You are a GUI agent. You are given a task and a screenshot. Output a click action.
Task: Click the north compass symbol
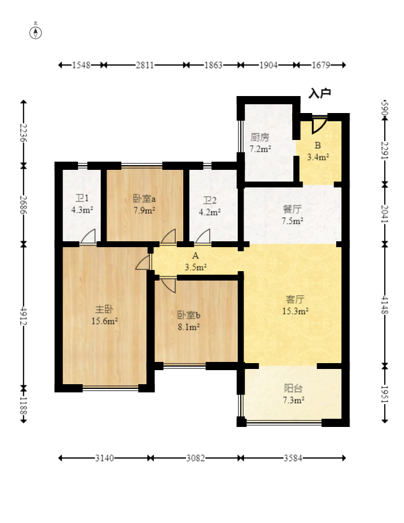(36, 33)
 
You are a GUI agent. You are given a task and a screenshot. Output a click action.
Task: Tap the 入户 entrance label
(320, 93)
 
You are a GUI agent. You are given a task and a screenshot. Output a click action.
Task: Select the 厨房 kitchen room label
(260, 137)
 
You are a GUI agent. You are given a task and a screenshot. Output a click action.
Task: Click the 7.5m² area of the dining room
(292, 220)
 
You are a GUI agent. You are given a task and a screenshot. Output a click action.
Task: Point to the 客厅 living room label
(295, 299)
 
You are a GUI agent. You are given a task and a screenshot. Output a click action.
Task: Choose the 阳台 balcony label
(293, 388)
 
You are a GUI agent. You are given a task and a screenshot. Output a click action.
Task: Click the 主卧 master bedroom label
(104, 309)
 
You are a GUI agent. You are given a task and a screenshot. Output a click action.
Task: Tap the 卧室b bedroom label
(189, 315)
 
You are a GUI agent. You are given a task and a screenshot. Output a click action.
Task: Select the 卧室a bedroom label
(145, 199)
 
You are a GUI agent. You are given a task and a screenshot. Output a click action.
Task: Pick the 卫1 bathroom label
(82, 198)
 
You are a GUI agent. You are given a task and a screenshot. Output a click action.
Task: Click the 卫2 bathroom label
(210, 200)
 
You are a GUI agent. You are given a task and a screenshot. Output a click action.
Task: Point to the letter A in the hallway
(196, 256)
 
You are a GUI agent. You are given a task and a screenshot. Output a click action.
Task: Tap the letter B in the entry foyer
(318, 145)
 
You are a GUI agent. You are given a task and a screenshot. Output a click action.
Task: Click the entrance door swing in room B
(319, 126)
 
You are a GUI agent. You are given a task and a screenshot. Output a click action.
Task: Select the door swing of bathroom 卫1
(88, 237)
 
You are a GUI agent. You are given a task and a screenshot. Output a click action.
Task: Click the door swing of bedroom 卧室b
(169, 285)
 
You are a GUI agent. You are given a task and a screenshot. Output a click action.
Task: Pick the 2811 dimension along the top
(145, 65)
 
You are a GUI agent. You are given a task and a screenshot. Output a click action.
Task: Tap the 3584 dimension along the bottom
(293, 458)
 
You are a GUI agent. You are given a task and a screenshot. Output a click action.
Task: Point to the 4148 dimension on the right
(385, 305)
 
